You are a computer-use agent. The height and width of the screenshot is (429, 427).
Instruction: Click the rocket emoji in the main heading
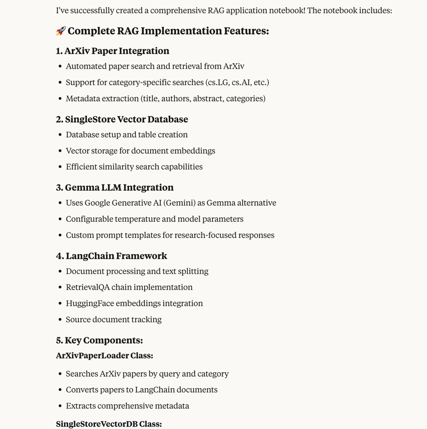click(61, 31)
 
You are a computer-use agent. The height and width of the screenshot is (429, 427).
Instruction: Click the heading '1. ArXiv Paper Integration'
click(113, 51)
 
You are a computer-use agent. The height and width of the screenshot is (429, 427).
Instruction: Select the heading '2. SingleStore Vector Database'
click(122, 119)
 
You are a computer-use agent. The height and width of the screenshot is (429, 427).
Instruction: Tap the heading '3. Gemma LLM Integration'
click(115, 188)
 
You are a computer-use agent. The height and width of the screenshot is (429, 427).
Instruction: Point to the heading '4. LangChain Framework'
click(112, 256)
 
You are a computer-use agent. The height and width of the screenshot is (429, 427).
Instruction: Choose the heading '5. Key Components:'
click(99, 340)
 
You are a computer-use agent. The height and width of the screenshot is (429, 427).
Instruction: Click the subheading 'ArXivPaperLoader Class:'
click(104, 356)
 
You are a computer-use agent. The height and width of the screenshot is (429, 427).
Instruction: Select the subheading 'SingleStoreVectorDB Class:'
click(109, 424)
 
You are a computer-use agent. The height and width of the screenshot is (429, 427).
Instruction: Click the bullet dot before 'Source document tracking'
click(60, 320)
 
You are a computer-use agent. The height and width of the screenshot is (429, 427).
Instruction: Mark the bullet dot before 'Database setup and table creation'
click(60, 135)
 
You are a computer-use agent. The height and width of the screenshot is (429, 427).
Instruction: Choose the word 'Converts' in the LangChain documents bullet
click(82, 390)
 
